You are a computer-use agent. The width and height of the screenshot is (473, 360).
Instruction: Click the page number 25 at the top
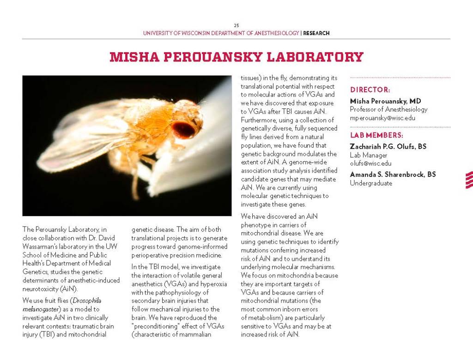tap(236, 25)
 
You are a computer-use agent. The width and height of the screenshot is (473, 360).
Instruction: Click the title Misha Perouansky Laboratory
tap(236, 57)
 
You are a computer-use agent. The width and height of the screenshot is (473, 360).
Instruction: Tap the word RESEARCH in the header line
tap(316, 33)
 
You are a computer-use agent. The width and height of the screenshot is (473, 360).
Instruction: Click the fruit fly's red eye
tap(183, 129)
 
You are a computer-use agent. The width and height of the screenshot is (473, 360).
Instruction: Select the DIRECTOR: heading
tap(370, 90)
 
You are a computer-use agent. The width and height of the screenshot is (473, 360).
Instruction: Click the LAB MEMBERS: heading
tap(376, 135)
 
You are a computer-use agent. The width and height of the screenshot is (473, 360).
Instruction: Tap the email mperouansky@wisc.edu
tap(382, 118)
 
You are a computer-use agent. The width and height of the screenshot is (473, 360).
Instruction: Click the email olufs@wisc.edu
tap(370, 163)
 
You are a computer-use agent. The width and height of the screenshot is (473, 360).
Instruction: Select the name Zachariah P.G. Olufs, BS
tap(388, 146)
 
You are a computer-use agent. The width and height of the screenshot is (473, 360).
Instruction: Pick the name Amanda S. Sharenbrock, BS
tap(393, 174)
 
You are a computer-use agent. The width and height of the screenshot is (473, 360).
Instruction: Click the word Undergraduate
tap(371, 183)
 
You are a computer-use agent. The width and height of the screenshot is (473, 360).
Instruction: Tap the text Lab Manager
tap(369, 155)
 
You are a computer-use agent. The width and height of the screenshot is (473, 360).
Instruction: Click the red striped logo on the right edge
tap(469, 180)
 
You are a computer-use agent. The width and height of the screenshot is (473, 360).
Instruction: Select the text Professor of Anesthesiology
tap(388, 109)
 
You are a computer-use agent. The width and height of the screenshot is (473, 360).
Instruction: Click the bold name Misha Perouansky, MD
tap(385, 101)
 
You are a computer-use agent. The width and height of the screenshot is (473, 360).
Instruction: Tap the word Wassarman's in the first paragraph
tap(40, 246)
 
